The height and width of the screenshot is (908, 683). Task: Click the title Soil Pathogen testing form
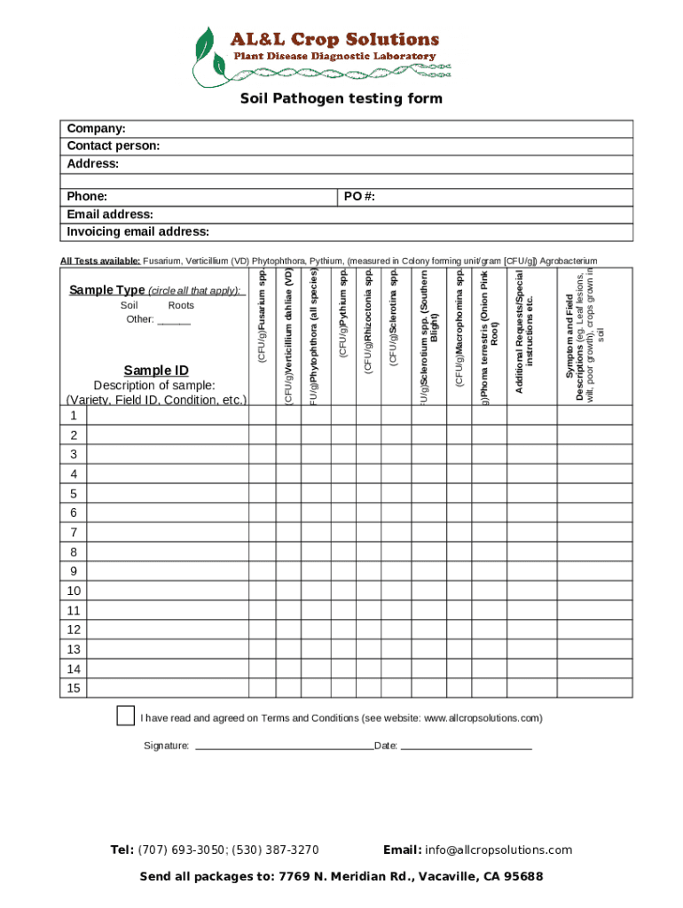[341, 98]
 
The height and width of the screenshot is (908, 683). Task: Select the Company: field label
[96, 129]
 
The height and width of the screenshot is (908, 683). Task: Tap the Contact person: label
[114, 146]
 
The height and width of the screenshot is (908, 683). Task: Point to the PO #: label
[359, 196]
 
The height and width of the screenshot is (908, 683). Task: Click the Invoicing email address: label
[138, 232]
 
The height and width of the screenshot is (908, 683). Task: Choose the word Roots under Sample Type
[181, 305]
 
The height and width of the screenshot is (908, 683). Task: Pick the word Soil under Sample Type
[129, 305]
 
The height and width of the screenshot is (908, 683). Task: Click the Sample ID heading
[156, 370]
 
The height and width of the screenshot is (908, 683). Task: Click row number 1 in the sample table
[73, 416]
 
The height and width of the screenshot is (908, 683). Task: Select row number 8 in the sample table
[73, 552]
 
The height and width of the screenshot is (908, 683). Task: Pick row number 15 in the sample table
[73, 688]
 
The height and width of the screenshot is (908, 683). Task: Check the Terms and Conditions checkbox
[126, 716]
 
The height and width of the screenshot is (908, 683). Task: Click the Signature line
[284, 747]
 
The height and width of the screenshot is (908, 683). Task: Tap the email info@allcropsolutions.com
[499, 849]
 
